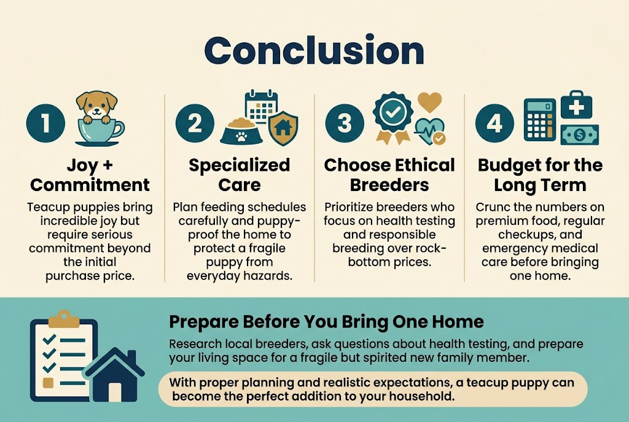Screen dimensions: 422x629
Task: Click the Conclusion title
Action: (314, 51)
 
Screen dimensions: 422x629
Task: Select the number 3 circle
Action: (345, 123)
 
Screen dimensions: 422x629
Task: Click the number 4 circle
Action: (494, 123)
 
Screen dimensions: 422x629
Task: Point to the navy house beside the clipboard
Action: (114, 375)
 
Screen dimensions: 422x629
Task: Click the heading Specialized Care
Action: (239, 174)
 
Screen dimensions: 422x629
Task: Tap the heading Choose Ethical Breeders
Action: (389, 174)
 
